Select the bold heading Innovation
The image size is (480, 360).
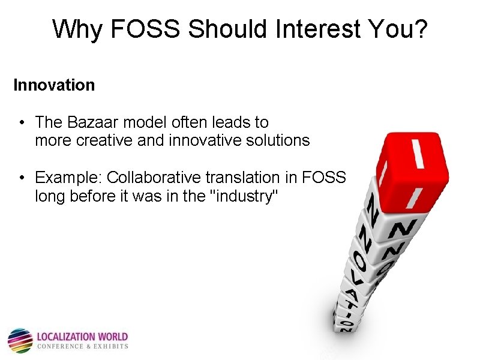click(x=54, y=85)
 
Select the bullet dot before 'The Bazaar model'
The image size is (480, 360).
click(x=21, y=122)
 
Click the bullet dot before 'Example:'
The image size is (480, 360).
click(x=21, y=178)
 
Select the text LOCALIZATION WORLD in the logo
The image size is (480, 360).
click(x=82, y=337)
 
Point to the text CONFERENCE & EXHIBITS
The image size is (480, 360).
click(x=82, y=346)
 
